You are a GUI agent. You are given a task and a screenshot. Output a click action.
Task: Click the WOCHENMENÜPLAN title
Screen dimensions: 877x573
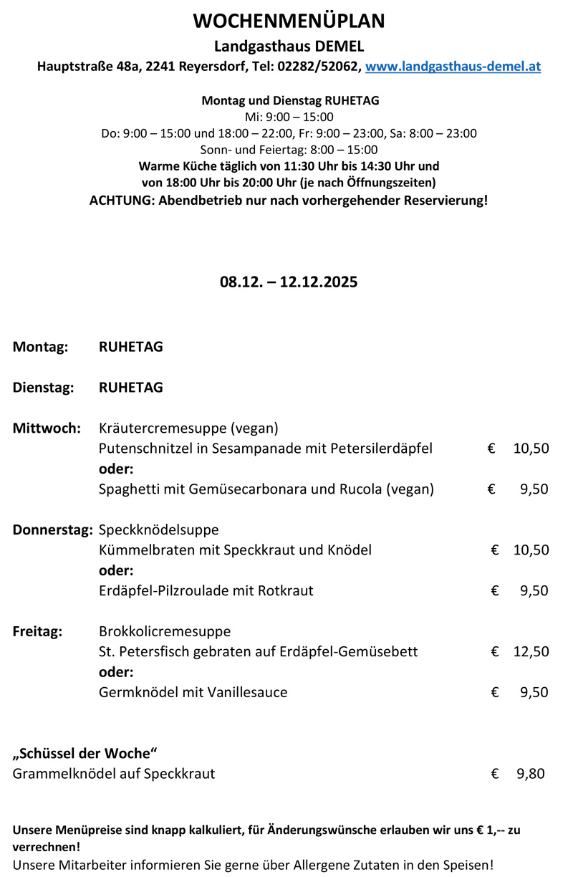pos(289,21)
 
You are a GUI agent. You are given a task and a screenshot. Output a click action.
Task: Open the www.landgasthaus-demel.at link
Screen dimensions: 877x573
pos(453,67)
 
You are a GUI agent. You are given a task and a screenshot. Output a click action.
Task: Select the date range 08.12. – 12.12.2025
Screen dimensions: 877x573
pos(289,282)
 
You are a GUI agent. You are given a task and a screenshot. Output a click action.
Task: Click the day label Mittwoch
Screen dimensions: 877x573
pos(47,428)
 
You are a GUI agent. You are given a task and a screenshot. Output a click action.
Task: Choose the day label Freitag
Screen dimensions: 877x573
pos(38,632)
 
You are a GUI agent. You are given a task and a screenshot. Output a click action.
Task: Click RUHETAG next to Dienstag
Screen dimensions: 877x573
pos(130,388)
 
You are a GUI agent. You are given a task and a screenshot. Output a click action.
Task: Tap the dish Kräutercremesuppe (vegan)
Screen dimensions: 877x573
pos(188,428)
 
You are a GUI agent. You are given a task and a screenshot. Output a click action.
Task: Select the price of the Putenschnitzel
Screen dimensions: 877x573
pos(531,449)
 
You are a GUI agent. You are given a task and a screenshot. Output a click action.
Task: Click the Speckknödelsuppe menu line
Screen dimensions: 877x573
pos(158,530)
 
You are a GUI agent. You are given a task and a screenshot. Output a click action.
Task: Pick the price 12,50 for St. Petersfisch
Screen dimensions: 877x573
pos(531,652)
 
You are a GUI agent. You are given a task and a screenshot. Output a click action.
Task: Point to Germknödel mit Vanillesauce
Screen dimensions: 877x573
pos(193,692)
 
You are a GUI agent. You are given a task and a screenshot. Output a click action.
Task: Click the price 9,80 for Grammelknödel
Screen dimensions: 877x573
pos(530,774)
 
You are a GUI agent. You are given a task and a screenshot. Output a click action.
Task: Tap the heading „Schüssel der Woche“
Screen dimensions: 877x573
pos(85,753)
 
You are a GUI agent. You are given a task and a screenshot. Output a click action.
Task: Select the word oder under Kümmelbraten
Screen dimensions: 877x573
pos(116,571)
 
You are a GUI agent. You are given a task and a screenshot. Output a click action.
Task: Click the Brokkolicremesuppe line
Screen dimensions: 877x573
pos(165,632)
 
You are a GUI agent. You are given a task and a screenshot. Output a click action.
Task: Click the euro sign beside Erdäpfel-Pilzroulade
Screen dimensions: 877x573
pos(495,591)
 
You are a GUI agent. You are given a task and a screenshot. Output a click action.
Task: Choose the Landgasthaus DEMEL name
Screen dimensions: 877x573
pos(289,47)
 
